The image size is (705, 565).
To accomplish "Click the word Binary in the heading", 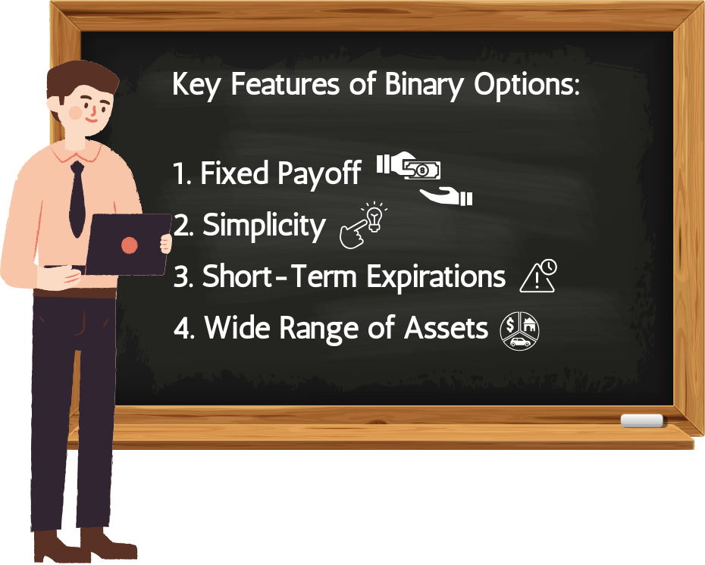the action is tap(423, 85).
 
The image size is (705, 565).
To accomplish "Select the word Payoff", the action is tap(319, 173).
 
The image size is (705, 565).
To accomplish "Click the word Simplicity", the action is tap(264, 226).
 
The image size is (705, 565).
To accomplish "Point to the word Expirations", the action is tap(436, 276).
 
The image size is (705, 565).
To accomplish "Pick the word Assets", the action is tap(446, 327).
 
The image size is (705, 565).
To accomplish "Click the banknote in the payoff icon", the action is tap(421, 170).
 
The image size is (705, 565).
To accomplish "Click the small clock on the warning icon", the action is tap(548, 267).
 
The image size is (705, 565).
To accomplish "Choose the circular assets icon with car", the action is tap(519, 330).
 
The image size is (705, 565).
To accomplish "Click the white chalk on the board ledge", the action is tap(641, 420).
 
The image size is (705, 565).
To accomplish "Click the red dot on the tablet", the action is tap(130, 245).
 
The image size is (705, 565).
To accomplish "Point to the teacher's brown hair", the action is tap(81, 81).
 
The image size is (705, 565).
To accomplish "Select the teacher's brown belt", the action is tap(74, 294).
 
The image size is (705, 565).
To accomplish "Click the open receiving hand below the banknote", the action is tap(446, 196).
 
